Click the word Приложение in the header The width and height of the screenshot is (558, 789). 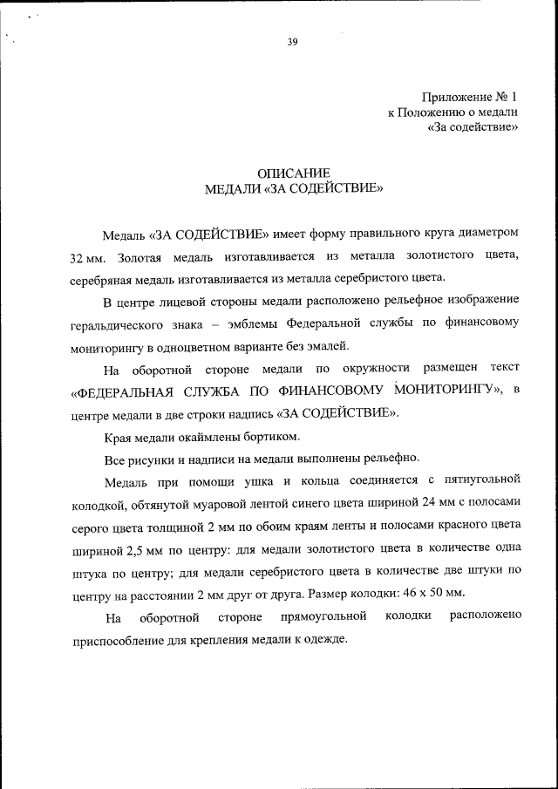pos(454,96)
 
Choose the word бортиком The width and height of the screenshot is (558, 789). pos(270,435)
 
